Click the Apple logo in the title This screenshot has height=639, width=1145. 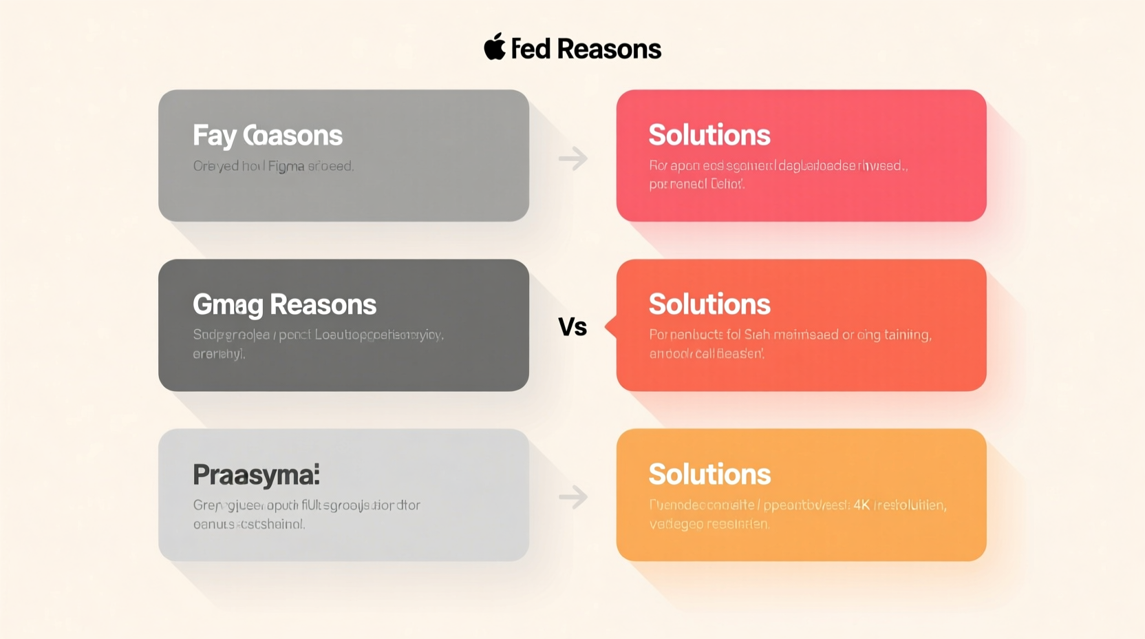click(x=494, y=47)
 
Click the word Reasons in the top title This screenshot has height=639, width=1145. click(x=608, y=49)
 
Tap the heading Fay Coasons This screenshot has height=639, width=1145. click(x=267, y=136)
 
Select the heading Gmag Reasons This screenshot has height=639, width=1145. click(x=284, y=304)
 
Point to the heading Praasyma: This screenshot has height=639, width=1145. click(x=256, y=474)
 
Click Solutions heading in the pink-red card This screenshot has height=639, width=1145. click(x=709, y=135)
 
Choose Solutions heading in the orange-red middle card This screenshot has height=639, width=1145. click(x=709, y=304)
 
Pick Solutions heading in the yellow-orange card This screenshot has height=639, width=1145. click(x=709, y=474)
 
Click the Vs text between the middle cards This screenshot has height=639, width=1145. click(x=572, y=327)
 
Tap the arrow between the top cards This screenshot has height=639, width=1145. click(x=572, y=159)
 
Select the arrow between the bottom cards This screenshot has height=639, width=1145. click(x=572, y=496)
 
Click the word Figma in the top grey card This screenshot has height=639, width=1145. click(x=286, y=167)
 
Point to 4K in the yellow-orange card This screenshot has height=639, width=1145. click(x=862, y=505)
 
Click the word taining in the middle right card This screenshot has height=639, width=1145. click(x=908, y=335)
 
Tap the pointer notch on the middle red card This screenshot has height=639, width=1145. click(x=610, y=326)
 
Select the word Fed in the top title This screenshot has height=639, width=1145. click(x=531, y=49)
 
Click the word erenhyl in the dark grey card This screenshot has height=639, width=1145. click(x=218, y=355)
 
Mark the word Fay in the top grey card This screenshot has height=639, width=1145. click(x=214, y=136)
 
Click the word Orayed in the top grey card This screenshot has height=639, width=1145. click(x=215, y=166)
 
